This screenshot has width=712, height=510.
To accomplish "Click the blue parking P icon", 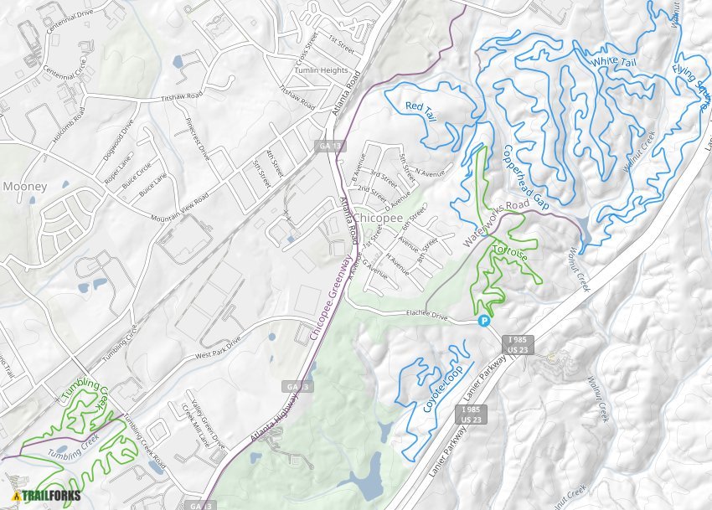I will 482,321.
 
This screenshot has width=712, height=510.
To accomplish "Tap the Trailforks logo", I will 47,494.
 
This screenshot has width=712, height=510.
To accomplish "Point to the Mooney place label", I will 24,186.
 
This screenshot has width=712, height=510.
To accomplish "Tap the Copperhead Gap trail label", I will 525,176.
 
